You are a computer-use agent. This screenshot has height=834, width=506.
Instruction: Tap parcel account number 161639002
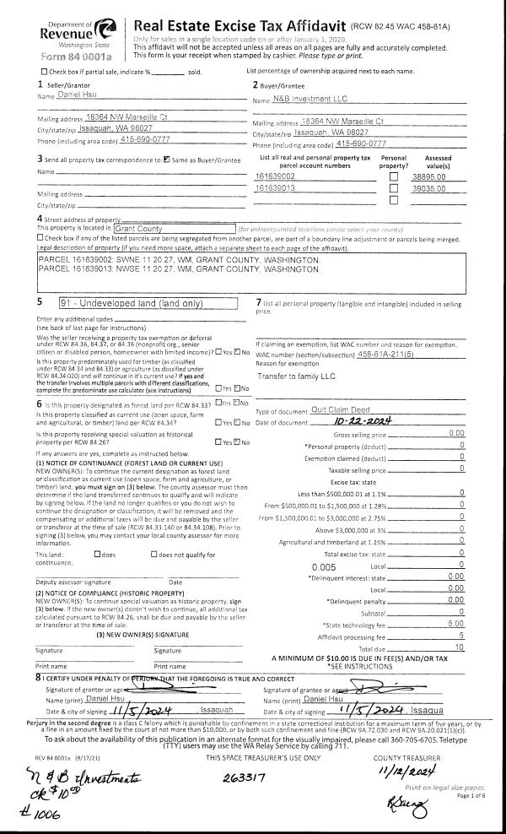(x=274, y=176)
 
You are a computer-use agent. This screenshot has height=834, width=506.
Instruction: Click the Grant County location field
(x=173, y=227)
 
